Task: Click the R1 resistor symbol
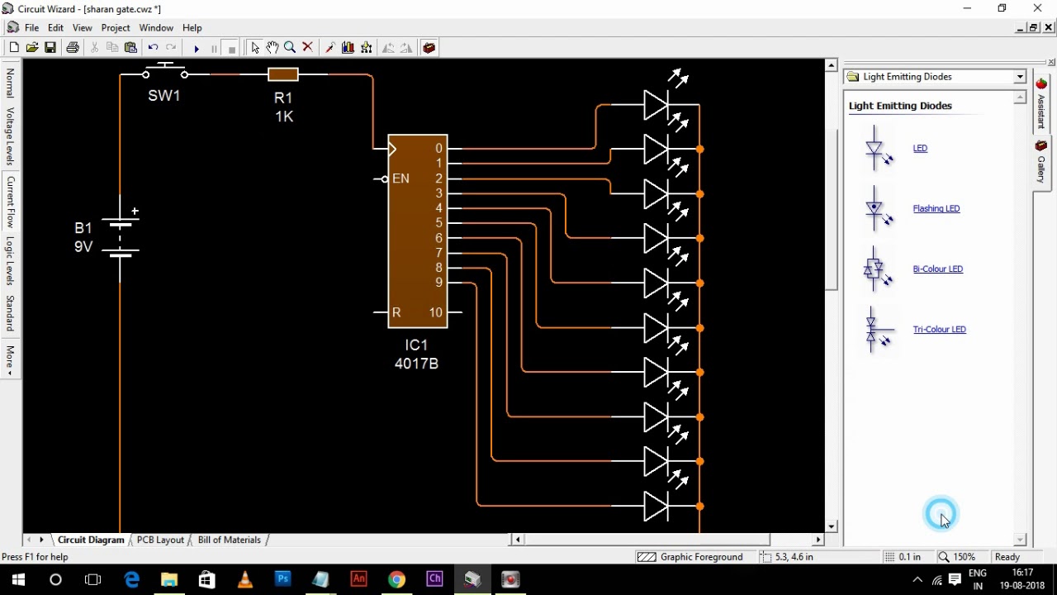[x=282, y=75]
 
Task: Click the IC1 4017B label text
[x=416, y=355]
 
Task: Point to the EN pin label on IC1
[x=401, y=178]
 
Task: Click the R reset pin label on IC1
[x=396, y=312]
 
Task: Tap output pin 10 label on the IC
[x=435, y=312]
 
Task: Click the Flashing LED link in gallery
[x=936, y=209]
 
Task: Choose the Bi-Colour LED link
[x=937, y=269]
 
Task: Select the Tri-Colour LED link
[x=939, y=330]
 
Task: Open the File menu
[x=31, y=28]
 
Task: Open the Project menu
[x=116, y=28]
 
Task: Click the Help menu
[x=192, y=28]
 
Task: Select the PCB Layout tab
[x=160, y=540]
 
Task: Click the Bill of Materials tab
[x=229, y=540]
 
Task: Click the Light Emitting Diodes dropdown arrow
[x=1020, y=77]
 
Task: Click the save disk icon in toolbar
[x=50, y=48]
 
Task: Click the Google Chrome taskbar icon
[x=397, y=579]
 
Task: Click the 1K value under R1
[x=284, y=117]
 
